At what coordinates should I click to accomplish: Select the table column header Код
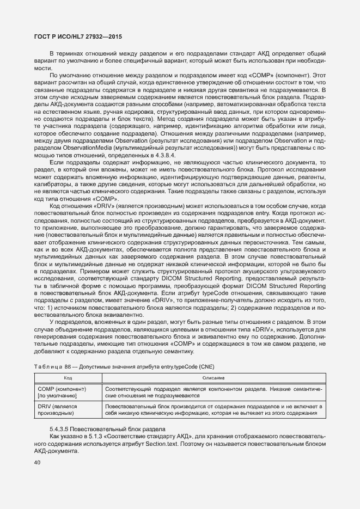(x=68, y=377)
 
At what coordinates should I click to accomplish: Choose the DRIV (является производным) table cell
(x=58, y=410)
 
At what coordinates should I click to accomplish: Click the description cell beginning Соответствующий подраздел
(x=214, y=393)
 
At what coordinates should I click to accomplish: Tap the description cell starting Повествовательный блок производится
(x=214, y=410)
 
